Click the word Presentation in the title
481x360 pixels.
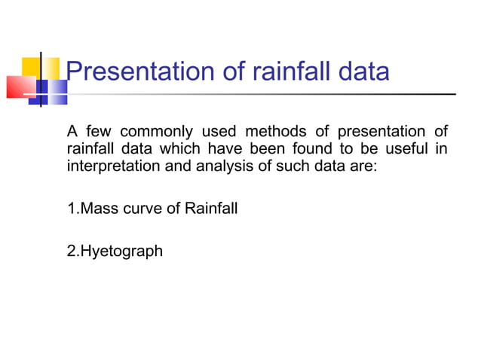tap(140, 72)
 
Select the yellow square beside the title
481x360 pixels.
tap(50, 67)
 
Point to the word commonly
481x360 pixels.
tap(157, 133)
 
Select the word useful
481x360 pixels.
tap(408, 149)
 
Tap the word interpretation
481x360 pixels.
tap(110, 166)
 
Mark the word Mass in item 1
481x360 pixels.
tap(96, 208)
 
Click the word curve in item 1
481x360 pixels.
tap(134, 208)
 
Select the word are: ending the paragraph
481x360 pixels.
tap(359, 166)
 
